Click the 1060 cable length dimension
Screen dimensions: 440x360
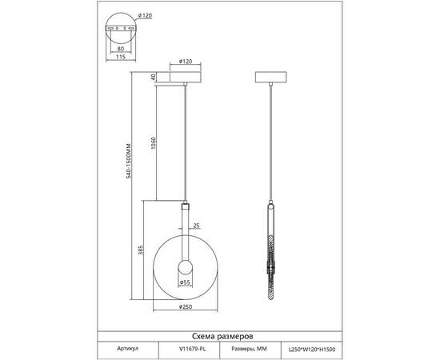(154, 143)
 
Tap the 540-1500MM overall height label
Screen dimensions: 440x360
(129, 161)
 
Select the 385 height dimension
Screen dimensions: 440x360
(141, 250)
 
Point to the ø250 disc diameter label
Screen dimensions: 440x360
(186, 306)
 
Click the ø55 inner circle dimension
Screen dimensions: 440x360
(186, 282)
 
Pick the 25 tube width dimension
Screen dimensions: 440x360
(197, 226)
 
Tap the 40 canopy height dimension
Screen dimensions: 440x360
(154, 77)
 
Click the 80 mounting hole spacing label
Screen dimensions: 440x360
(120, 49)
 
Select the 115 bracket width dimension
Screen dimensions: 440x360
(120, 57)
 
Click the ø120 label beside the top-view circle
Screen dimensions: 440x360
(145, 16)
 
